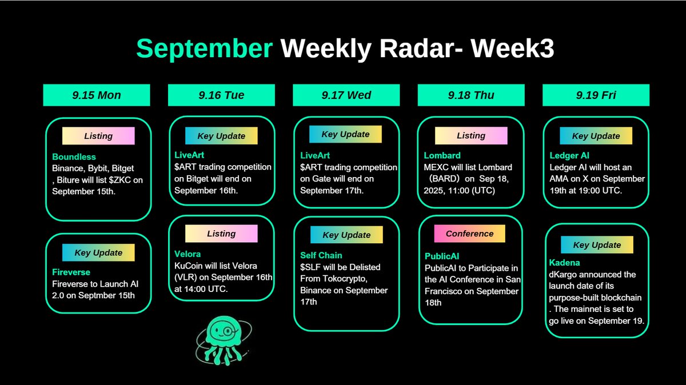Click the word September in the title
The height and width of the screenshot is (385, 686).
pos(204,50)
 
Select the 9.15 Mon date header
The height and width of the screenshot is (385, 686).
pos(97,95)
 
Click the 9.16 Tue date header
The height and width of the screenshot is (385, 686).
pos(221,95)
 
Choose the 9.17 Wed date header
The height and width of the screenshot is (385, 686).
pos(346,95)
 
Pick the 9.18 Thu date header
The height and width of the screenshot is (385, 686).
pos(471,95)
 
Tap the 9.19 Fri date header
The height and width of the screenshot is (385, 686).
pos(596,95)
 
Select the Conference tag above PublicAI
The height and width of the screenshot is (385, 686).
pos(469,234)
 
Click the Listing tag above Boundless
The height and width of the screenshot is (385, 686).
pos(98,136)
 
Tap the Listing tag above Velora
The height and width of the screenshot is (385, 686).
pos(221,234)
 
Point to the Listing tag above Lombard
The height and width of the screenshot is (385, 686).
pos(471,136)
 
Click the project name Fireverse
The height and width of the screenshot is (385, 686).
pos(71,272)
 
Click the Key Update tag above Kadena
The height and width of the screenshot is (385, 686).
pos(596,245)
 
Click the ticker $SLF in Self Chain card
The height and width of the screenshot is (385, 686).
pos(311,267)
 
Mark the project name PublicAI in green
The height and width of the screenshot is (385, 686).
pos(442,256)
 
